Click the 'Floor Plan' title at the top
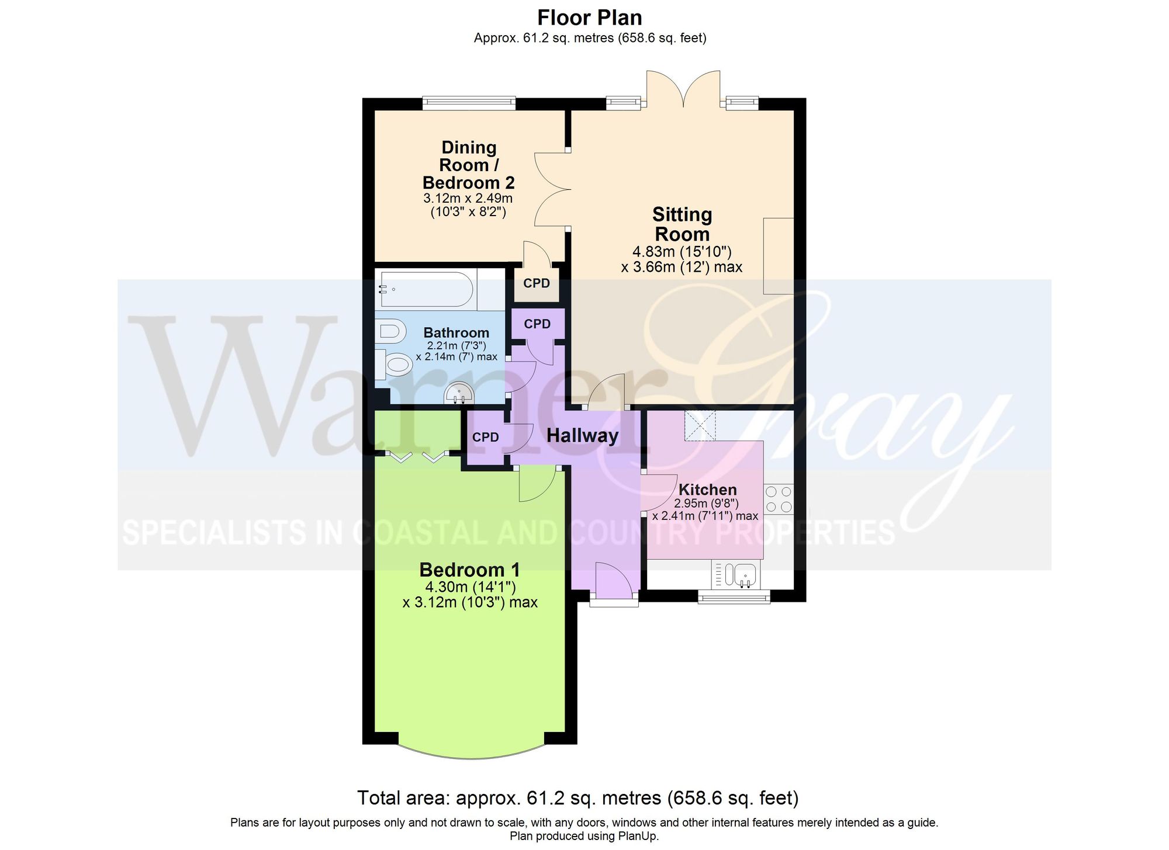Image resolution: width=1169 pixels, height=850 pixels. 589,18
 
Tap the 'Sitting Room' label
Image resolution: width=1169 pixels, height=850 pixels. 682,224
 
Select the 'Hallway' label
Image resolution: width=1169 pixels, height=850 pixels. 582,436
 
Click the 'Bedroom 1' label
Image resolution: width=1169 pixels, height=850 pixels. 469,570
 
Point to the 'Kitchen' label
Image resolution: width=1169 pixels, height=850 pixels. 707,490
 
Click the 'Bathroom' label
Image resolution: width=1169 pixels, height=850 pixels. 456,333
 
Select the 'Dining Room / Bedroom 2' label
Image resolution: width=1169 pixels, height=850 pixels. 468,165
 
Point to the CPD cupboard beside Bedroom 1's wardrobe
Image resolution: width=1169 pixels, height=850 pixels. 486,438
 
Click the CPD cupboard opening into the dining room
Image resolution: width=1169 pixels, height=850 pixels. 537,284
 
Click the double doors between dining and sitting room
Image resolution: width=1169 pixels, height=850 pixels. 553,189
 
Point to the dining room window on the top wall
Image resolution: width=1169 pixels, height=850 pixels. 469,103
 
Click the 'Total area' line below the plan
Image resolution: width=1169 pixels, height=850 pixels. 577,798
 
